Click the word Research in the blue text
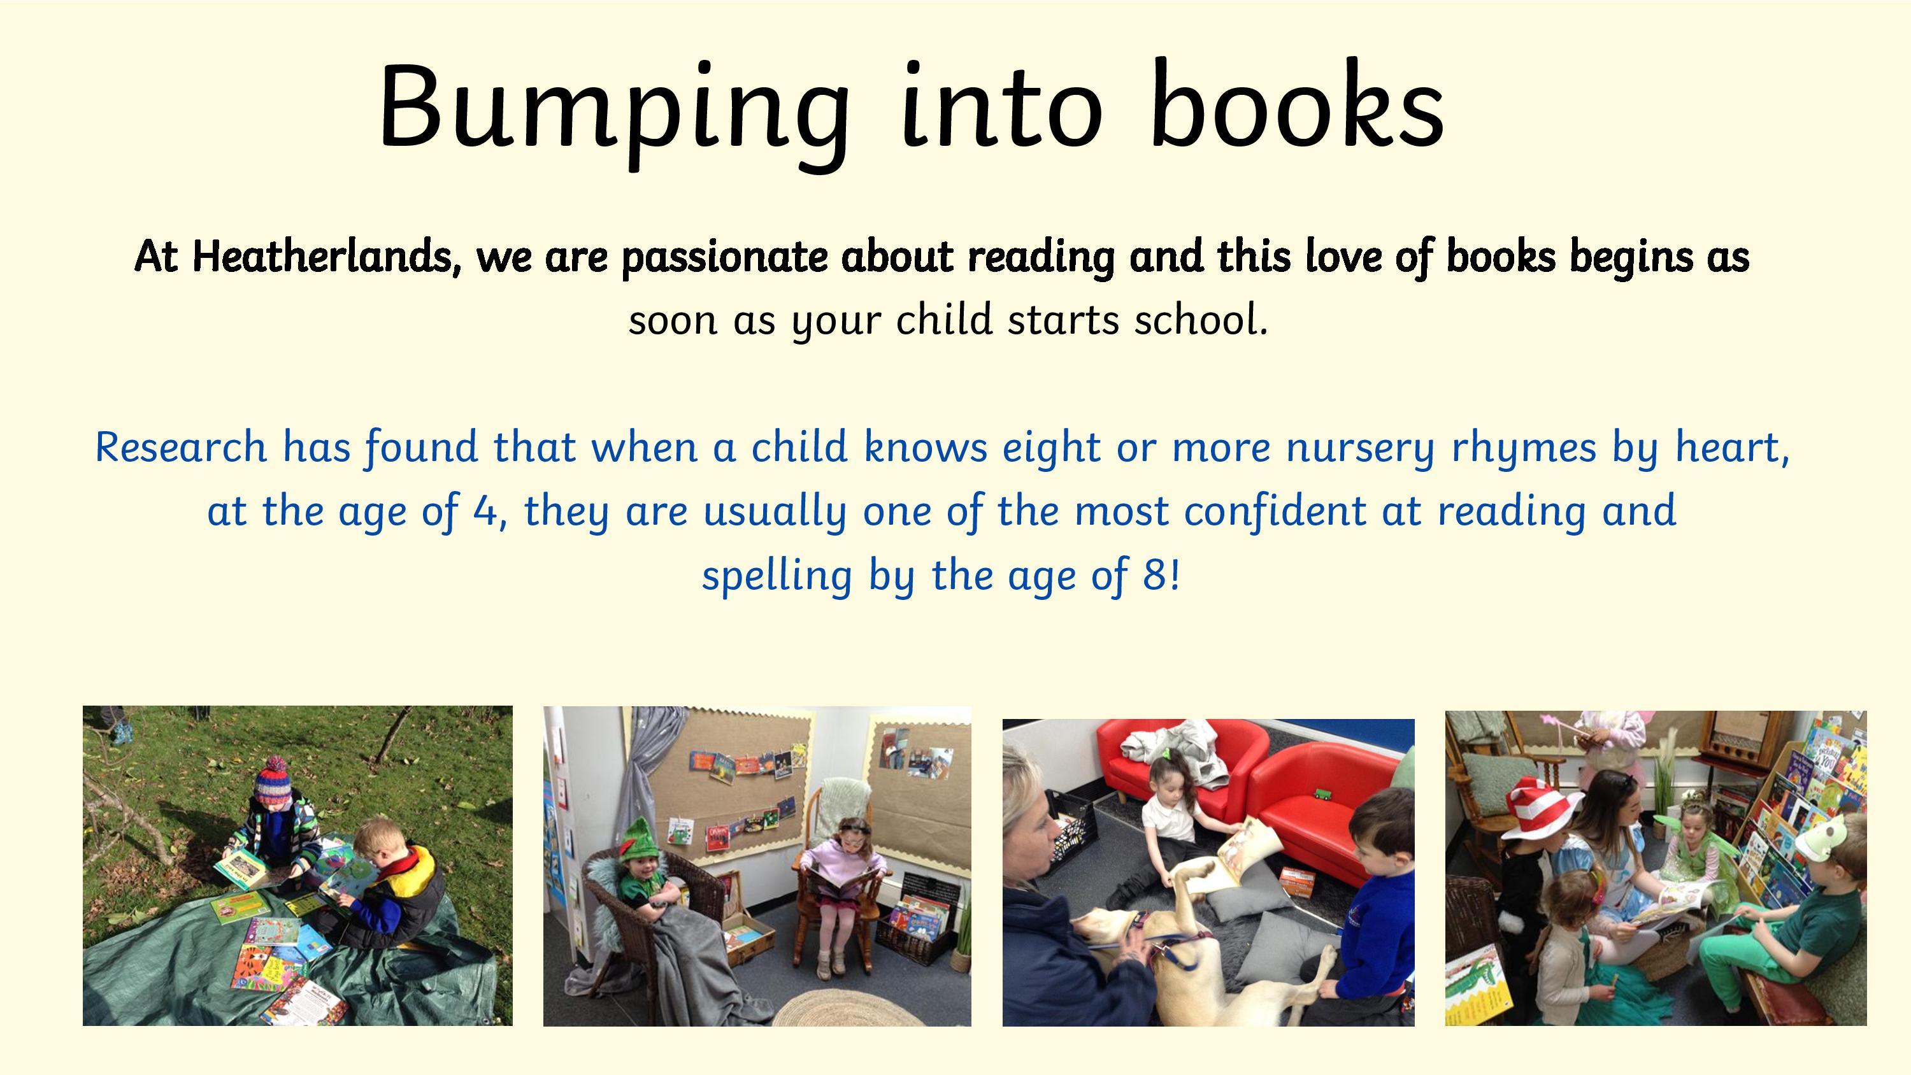click(x=180, y=447)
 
